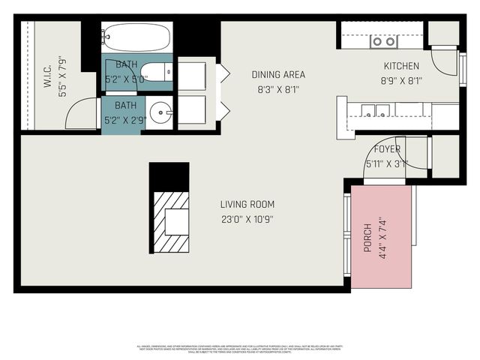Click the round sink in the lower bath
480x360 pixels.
click(x=160, y=114)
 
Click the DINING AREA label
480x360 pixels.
click(x=277, y=74)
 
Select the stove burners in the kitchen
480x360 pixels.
click(x=383, y=41)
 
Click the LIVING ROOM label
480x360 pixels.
click(x=247, y=204)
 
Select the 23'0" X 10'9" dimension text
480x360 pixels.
click(x=247, y=220)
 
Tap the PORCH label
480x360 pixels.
click(x=367, y=237)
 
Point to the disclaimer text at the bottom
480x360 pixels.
click(x=240, y=349)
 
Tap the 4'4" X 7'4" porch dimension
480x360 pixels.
click(x=382, y=237)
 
